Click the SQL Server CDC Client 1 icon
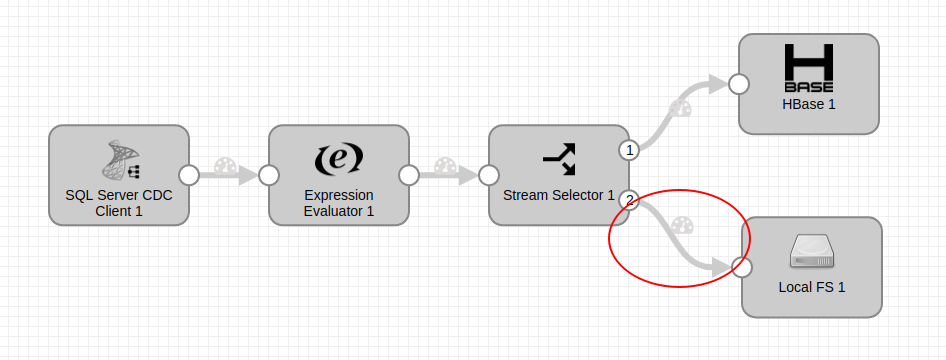click(119, 159)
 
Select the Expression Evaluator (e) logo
click(339, 158)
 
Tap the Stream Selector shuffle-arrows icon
click(559, 156)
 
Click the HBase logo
click(809, 68)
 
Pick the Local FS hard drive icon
click(811, 251)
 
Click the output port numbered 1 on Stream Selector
click(629, 150)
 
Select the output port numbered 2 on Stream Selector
click(629, 200)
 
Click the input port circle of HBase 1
click(739, 84)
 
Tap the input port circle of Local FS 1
click(741, 267)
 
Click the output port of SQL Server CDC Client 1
click(189, 175)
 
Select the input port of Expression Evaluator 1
click(269, 175)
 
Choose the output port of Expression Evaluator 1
click(409, 175)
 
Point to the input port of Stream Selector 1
click(489, 175)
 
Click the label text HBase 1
click(809, 104)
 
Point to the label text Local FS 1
click(812, 288)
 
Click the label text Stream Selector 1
click(559, 195)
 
